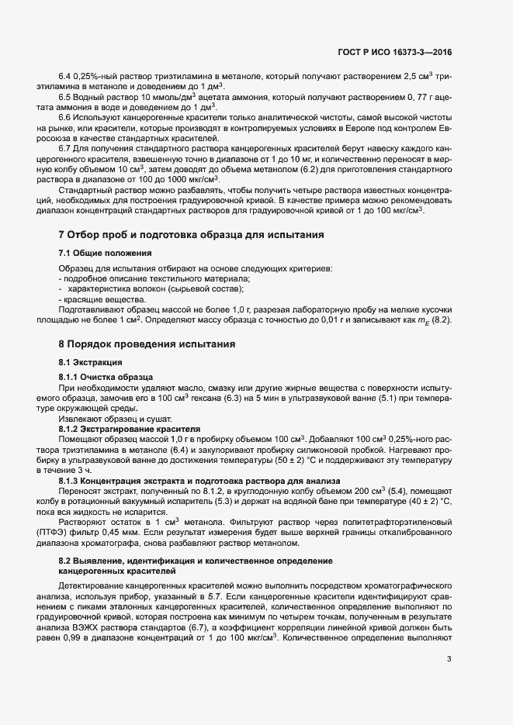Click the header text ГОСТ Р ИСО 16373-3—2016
pos(395,53)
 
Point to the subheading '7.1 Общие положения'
pos(105,254)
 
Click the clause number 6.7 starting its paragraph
pos(66,147)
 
